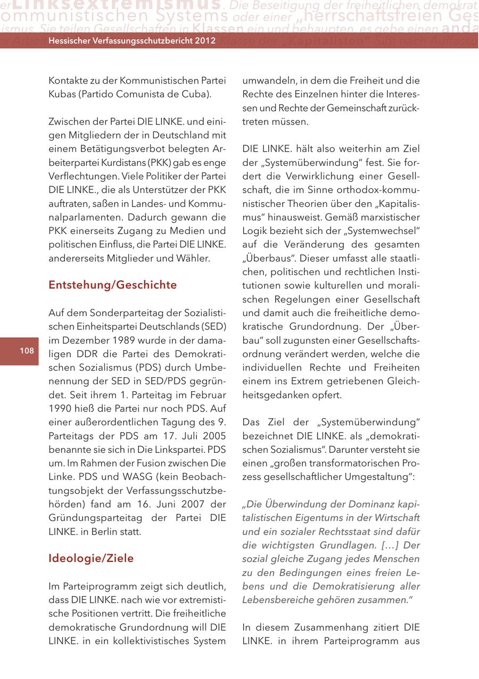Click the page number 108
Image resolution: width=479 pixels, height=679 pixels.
pos(27,350)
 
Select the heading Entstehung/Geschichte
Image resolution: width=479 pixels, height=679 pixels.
pos(112,285)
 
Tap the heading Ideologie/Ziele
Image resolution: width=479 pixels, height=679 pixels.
pos(91,558)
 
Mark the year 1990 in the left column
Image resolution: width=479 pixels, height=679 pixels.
pos(61,409)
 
